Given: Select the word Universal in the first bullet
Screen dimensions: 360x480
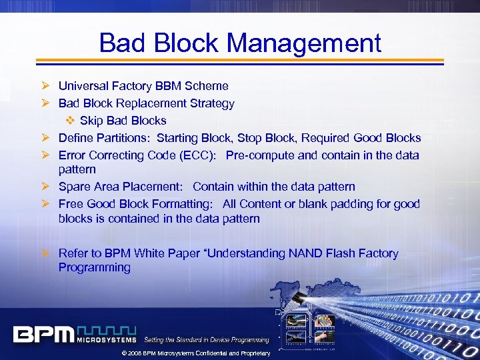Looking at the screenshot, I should tap(83, 86).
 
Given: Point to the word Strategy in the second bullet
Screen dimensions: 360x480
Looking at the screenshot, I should tap(211, 103).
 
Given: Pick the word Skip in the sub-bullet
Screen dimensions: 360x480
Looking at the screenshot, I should tap(91, 121).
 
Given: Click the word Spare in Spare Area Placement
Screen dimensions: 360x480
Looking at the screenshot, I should tap(74, 187).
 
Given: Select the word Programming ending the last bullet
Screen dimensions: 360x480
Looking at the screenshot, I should tap(94, 267).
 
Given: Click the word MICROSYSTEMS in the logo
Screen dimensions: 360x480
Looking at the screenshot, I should tap(107, 341).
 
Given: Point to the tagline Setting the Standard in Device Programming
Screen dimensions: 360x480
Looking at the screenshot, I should tap(207, 340).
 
